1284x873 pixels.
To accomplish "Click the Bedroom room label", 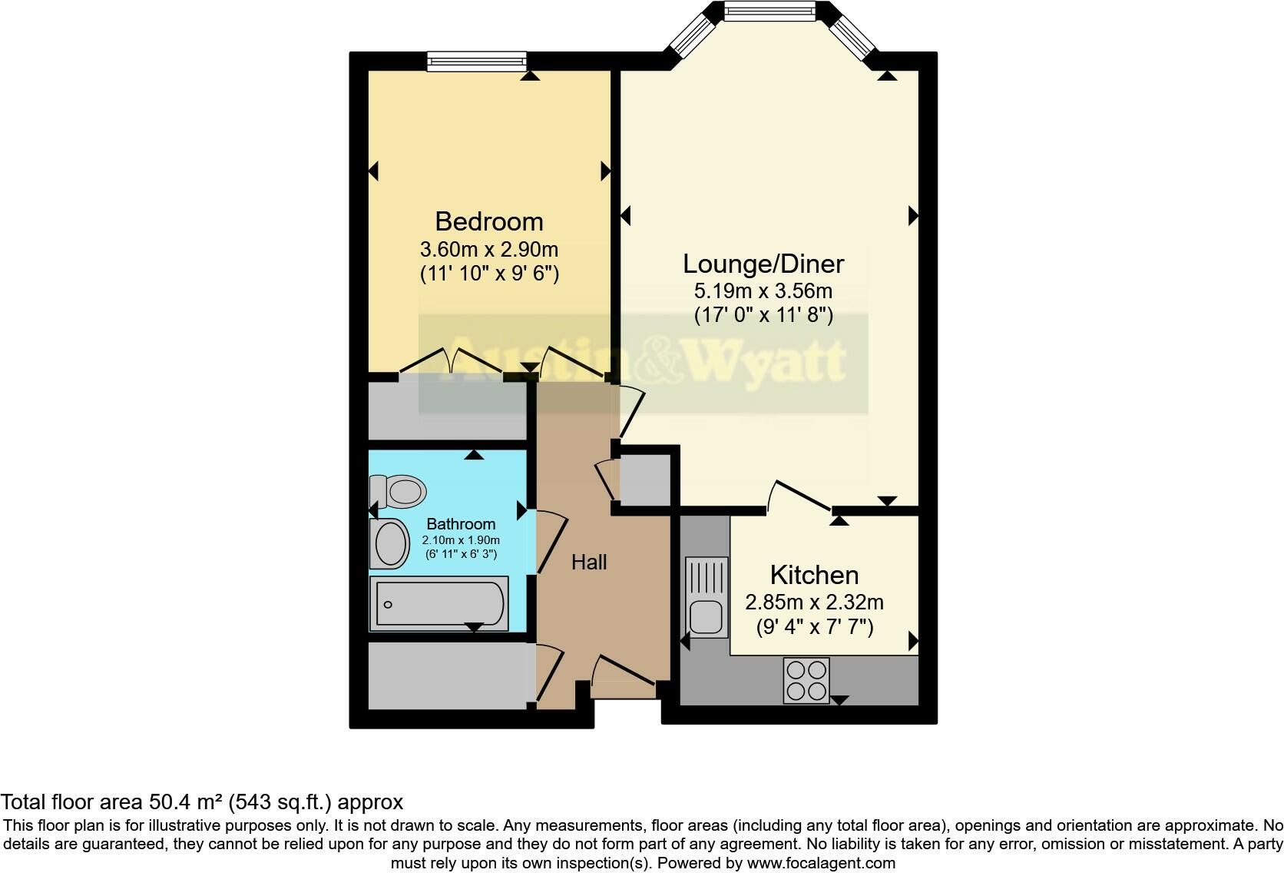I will [489, 221].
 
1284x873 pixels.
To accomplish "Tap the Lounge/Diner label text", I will [763, 264].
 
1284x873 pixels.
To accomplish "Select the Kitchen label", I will [814, 575].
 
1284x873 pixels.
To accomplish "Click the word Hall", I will [589, 563].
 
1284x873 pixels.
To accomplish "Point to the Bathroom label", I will [461, 524].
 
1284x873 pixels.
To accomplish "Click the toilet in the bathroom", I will [399, 491].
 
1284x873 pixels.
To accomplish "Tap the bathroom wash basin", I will [392, 544].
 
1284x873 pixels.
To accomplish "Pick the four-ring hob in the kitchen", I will [806, 680].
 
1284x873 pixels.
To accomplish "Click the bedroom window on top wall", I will [477, 61].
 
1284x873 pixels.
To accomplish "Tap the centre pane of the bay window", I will [770, 11].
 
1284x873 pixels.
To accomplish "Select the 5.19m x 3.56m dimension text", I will [763, 291].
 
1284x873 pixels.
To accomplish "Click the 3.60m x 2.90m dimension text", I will [489, 250].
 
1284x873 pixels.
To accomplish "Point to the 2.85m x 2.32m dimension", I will [814, 602].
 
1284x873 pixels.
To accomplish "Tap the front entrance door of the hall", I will [624, 672].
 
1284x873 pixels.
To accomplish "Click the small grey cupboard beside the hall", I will [645, 480].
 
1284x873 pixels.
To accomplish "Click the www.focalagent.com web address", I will [821, 863].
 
